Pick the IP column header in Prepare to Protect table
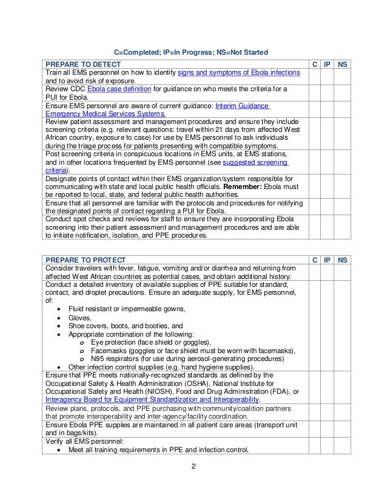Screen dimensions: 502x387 coord(328,260)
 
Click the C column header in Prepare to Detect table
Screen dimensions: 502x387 coord(315,64)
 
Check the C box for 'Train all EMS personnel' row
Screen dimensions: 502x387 coord(315,77)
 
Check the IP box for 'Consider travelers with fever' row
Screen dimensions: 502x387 coord(328,273)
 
